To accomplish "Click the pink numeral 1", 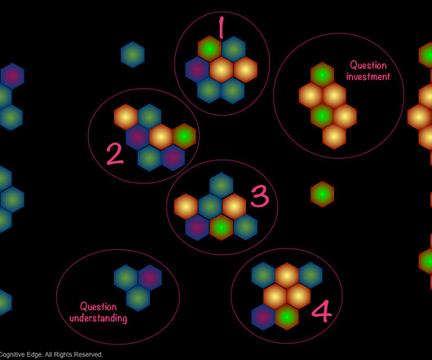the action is click(x=221, y=27).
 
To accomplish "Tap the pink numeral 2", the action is click(x=115, y=155).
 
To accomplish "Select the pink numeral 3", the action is click(x=260, y=196).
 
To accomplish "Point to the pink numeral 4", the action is click(x=321, y=311).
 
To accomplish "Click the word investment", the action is click(x=368, y=77).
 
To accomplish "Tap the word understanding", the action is click(x=98, y=318).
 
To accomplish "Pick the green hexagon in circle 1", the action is click(x=209, y=49).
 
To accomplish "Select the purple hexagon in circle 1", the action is click(x=197, y=69).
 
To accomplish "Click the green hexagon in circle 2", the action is click(x=184, y=136).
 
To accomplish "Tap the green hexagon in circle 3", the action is click(x=221, y=227).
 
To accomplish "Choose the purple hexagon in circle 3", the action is click(x=197, y=227).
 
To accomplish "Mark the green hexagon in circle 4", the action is click(x=287, y=317).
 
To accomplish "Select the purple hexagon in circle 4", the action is click(x=263, y=317).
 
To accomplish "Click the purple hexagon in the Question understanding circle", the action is click(x=150, y=278).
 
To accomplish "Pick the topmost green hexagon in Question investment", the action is click(x=322, y=75).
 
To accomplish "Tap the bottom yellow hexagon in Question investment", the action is click(x=334, y=137).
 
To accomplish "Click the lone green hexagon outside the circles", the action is click(x=322, y=194).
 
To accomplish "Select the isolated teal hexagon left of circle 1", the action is click(x=133, y=55).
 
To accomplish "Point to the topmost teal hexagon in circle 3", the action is click(x=221, y=186).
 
